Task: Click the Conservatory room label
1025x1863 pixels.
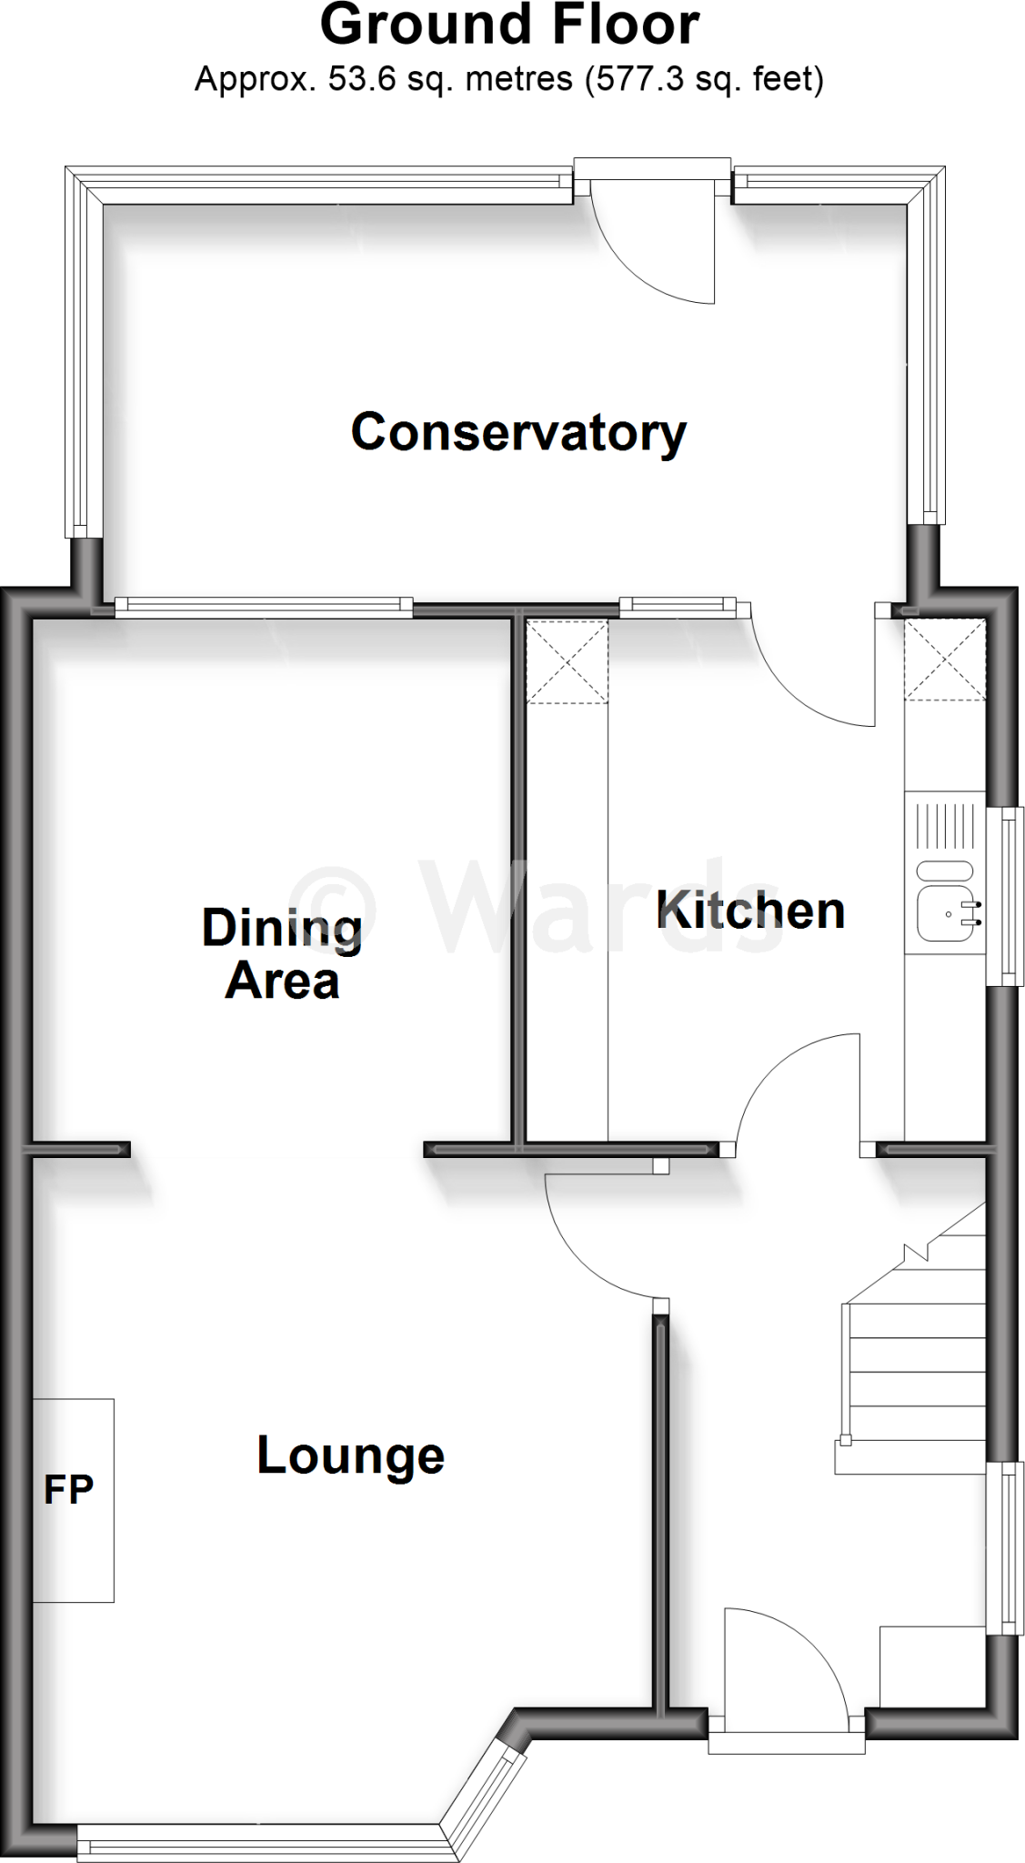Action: click(x=518, y=433)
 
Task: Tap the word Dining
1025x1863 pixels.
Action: click(x=282, y=930)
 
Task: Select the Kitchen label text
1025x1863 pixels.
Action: click(x=750, y=911)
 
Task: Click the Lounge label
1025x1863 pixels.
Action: click(x=350, y=1455)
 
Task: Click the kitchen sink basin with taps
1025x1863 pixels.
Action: click(x=945, y=912)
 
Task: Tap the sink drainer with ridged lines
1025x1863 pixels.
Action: click(x=945, y=824)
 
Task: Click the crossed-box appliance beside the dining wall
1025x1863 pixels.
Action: click(x=567, y=661)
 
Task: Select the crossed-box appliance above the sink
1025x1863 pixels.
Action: click(x=944, y=660)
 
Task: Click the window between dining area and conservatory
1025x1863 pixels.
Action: click(x=264, y=606)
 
